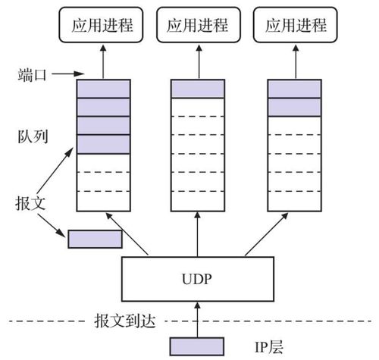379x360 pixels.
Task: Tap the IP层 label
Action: coord(269,347)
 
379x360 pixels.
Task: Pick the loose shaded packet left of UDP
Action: coord(95,239)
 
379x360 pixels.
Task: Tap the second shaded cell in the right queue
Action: coord(294,107)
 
